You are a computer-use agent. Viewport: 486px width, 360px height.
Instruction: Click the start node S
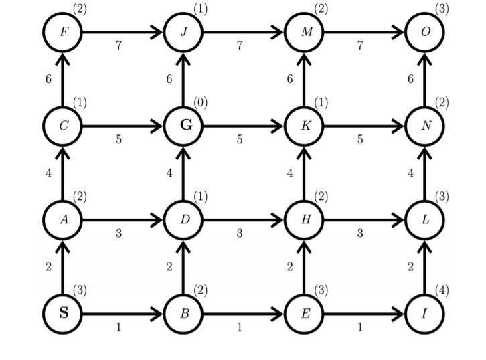[63, 313]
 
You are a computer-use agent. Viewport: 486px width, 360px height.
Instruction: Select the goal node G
[184, 126]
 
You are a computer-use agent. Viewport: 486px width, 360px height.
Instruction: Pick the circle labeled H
[305, 219]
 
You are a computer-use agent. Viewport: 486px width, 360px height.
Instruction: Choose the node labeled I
[426, 313]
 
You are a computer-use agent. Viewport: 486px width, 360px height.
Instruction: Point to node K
[305, 126]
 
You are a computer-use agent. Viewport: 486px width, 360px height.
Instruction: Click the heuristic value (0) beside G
[201, 102]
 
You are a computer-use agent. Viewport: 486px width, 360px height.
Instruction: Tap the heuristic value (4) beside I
[442, 290]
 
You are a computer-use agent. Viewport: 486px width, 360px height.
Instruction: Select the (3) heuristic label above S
[80, 290]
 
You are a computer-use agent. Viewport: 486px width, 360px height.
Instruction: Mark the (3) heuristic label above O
[442, 9]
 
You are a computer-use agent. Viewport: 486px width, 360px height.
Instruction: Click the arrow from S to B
[123, 313]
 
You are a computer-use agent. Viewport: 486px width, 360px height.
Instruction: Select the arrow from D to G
[184, 173]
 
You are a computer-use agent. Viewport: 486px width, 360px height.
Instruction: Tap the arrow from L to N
[426, 173]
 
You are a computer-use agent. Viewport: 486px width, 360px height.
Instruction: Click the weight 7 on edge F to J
[118, 46]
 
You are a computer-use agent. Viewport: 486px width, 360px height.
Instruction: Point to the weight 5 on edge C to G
[118, 140]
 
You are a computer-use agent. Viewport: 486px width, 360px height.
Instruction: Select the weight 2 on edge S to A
[48, 267]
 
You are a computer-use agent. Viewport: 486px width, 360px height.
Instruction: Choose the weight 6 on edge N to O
[410, 79]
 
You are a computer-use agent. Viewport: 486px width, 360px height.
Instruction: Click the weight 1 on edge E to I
[361, 327]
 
